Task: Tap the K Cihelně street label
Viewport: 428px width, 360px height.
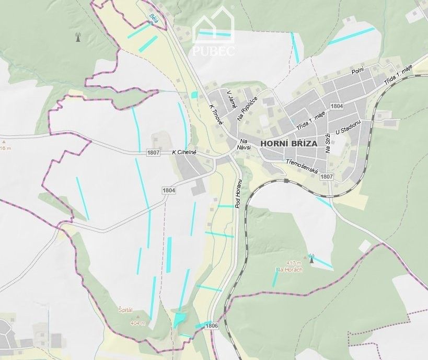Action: click(187, 153)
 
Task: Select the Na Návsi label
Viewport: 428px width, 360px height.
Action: click(244, 144)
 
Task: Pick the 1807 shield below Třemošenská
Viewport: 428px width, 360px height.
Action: click(327, 177)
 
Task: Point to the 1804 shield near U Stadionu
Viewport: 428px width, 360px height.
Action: click(337, 106)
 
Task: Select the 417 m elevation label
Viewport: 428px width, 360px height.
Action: click(294, 263)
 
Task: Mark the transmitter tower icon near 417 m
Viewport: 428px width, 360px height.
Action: click(311, 259)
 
